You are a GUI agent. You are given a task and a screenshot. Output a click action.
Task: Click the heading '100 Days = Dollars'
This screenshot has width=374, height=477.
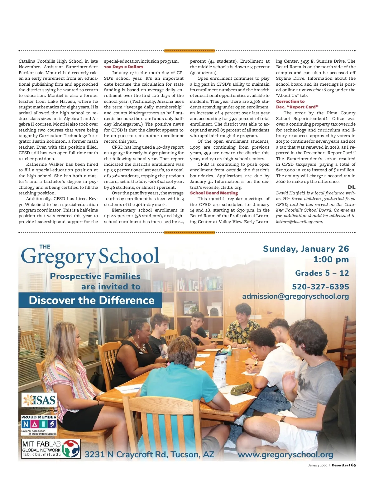pos(123,67)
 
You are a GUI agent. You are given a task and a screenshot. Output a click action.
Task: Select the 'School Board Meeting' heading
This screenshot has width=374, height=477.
pos(214,193)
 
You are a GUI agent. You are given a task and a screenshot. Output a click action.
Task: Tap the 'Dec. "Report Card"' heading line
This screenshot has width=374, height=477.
pos(297,107)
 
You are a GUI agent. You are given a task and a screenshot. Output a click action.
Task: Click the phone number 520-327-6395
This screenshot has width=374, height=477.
pos(320,286)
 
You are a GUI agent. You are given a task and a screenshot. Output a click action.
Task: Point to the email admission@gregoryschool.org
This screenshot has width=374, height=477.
pos(295,296)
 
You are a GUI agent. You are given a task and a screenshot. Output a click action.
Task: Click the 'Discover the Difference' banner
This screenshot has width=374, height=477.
pos(91,300)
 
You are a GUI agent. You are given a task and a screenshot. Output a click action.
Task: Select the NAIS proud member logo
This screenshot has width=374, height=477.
pos(39,425)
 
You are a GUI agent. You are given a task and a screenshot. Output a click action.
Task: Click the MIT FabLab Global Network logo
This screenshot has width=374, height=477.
pos(51,448)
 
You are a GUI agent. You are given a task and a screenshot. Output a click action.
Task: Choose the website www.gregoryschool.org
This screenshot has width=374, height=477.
pos(285,455)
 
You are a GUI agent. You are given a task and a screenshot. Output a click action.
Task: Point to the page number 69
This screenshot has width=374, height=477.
pos(353,465)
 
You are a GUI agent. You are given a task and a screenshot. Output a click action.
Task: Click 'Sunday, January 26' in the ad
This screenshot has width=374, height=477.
pos(306,249)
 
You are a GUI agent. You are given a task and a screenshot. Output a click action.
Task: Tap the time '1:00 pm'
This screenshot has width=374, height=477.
pos(331,260)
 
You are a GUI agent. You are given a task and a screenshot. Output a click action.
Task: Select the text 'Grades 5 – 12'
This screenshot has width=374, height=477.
pos(322,273)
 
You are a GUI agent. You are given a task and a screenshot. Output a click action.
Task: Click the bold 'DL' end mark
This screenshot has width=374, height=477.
pos(351,187)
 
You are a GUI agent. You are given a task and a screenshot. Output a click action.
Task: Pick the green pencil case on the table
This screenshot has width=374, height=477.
pos(241,389)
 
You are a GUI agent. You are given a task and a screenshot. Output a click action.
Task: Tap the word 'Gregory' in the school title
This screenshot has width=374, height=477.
pos(58,256)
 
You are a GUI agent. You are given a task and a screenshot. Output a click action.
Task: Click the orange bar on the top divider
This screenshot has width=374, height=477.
pos(189,50)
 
